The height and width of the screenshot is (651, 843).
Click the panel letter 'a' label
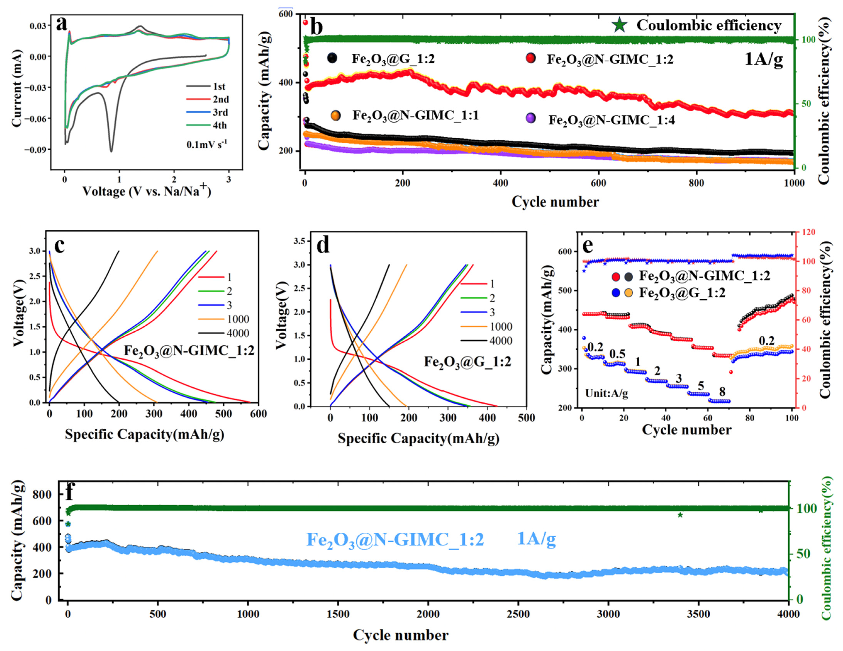point(62,24)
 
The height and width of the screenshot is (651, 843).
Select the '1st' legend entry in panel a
point(219,86)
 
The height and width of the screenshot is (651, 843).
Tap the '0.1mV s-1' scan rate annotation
point(207,144)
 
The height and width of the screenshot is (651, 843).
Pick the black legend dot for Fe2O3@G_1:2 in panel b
point(332,58)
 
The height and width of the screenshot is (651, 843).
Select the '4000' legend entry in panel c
point(238,333)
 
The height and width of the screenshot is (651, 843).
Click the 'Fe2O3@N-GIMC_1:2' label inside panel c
point(189,351)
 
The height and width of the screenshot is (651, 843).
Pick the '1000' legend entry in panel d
point(501,327)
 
